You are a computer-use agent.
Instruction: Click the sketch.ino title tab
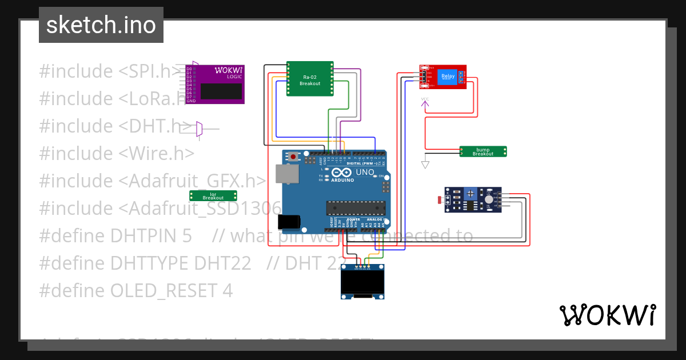pyautogui.click(x=101, y=25)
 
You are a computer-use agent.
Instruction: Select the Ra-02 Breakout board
pyautogui.click(x=310, y=79)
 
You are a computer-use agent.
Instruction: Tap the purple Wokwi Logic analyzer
pyautogui.click(x=215, y=85)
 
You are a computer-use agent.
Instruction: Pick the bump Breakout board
pyautogui.click(x=483, y=151)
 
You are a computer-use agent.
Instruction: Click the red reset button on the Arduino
pyautogui.click(x=294, y=156)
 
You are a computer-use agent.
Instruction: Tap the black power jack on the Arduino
pyautogui.click(x=288, y=222)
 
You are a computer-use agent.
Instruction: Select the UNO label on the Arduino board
pyautogui.click(x=365, y=172)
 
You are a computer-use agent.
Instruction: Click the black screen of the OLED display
pyautogui.click(x=362, y=282)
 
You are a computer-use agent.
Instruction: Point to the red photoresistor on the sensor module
pyautogui.click(x=440, y=200)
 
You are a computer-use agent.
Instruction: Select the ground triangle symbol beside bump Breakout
pyautogui.click(x=425, y=165)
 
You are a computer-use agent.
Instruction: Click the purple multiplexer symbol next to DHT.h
pyautogui.click(x=199, y=130)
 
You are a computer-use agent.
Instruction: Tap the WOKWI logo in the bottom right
pyautogui.click(x=607, y=315)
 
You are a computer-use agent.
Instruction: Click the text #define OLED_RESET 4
pyautogui.click(x=136, y=291)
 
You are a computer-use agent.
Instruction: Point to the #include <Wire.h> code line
pyautogui.click(x=117, y=153)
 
